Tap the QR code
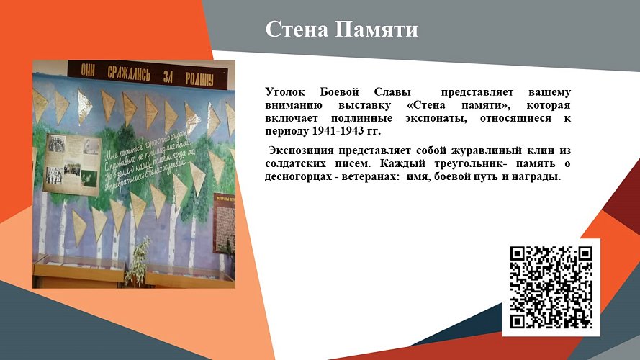551,287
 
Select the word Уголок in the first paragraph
287,93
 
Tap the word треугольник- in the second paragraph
458,163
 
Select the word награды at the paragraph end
537,176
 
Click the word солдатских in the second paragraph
297,163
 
